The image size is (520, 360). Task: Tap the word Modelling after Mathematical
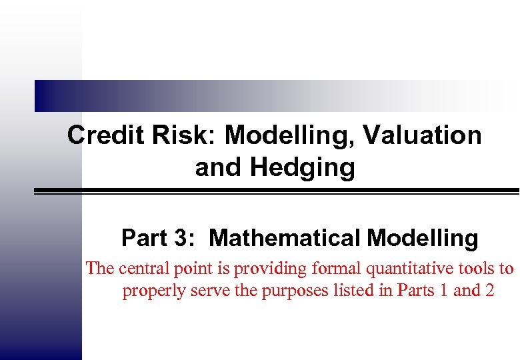tap(422, 238)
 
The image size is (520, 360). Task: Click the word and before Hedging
tap(219, 168)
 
